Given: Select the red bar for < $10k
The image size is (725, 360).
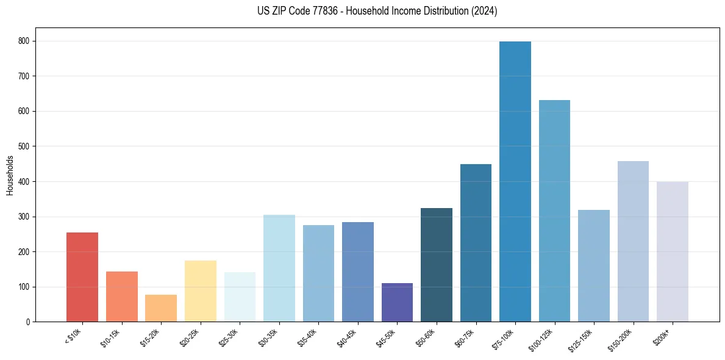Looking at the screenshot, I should (82, 277).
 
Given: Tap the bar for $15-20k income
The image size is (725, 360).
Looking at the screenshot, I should (161, 308).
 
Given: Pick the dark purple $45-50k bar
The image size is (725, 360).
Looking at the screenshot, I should (397, 302).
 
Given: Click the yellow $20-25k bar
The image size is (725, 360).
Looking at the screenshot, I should (201, 291).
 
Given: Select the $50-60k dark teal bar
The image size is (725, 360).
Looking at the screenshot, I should (437, 265).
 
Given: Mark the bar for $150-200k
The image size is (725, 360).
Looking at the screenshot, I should (633, 241).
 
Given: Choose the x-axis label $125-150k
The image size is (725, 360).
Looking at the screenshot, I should (582, 339).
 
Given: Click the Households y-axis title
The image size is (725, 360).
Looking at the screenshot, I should (10, 175).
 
